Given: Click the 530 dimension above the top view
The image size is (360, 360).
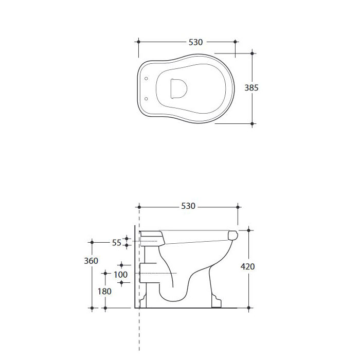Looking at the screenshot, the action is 195,42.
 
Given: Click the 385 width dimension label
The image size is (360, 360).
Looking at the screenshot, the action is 251,88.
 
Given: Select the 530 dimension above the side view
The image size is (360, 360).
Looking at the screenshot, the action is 188,206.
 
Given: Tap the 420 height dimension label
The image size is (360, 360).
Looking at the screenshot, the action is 247,266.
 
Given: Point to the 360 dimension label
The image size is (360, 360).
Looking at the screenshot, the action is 91,261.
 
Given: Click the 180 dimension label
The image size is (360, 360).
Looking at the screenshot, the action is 104,292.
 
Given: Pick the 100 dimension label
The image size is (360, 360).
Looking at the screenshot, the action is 120,274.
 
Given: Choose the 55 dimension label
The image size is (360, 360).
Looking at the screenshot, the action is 116,243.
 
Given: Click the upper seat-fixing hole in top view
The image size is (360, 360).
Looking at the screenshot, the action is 146,79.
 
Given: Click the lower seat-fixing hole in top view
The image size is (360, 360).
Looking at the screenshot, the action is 146,99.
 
